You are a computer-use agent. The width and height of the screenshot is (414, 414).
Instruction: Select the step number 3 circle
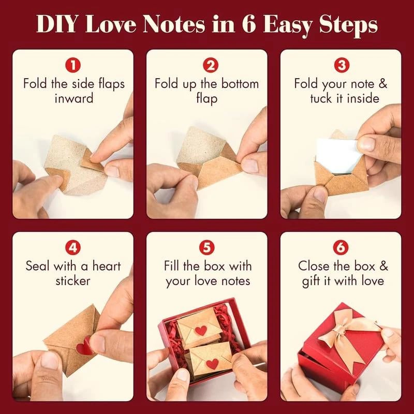coord(341,66)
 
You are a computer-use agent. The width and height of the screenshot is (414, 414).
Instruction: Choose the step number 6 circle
coord(341,248)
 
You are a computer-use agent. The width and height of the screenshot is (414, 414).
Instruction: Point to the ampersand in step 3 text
coord(382,84)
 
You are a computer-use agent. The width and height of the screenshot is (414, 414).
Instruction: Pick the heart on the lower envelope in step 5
coord(212,364)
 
